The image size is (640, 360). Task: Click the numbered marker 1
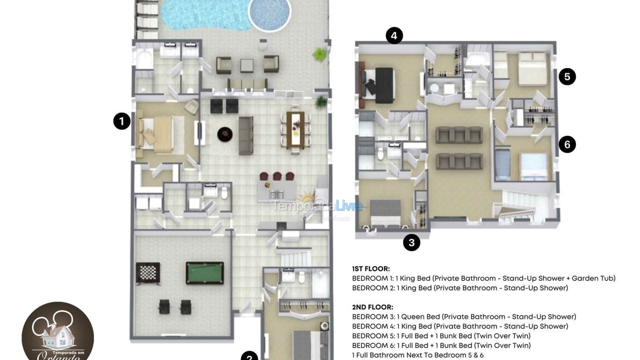tap(121, 121)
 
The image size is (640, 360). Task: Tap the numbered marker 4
tap(394, 35)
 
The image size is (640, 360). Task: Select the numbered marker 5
tap(567, 76)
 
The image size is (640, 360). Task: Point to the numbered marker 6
tap(567, 144)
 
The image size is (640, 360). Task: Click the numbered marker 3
tap(411, 242)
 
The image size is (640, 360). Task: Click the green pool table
tap(204, 273)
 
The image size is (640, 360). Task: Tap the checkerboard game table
tap(148, 273)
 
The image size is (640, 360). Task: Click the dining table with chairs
tap(295, 129)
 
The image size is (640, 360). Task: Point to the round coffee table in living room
tap(224, 134)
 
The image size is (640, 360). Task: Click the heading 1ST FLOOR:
tap(371, 268)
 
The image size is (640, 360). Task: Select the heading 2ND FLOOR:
tap(372, 307)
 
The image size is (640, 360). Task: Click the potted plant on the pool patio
tap(319, 54)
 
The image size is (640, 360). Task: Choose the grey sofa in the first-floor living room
tap(245, 135)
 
